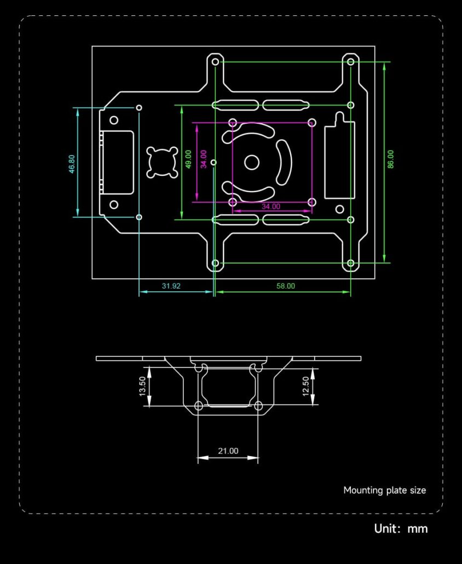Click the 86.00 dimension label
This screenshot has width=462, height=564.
[391, 159]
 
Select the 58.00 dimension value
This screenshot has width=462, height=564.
[286, 286]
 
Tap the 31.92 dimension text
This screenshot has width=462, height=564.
[171, 286]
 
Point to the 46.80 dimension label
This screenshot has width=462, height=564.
[72, 164]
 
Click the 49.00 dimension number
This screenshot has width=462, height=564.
[188, 159]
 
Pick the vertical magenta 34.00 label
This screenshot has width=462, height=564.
[204, 159]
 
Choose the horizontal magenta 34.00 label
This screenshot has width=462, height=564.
[271, 206]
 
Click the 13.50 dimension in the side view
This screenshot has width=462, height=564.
[142, 386]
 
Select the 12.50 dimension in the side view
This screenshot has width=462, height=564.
[305, 386]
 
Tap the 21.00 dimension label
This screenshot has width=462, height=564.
[228, 451]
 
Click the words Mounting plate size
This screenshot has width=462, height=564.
[384, 490]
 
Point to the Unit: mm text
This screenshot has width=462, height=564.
[401, 528]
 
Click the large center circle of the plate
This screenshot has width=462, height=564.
[252, 163]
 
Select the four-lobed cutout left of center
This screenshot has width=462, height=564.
[162, 162]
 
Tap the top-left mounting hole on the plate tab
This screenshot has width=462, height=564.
[215, 62]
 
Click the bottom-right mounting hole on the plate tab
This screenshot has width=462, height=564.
[350, 263]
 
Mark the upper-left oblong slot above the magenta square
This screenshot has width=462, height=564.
[235, 105]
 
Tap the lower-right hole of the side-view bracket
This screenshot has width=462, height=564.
[258, 406]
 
